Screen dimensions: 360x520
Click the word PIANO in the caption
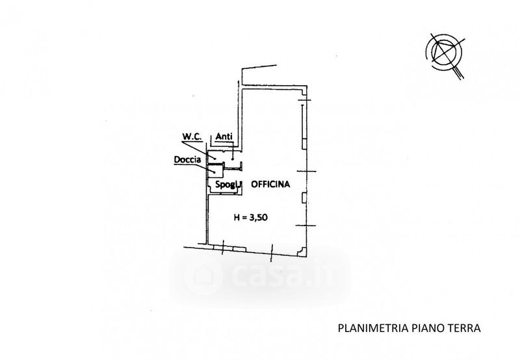click(x=423, y=328)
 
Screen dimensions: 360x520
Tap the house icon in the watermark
click(x=201, y=276)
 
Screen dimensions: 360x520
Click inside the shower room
click(x=215, y=170)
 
